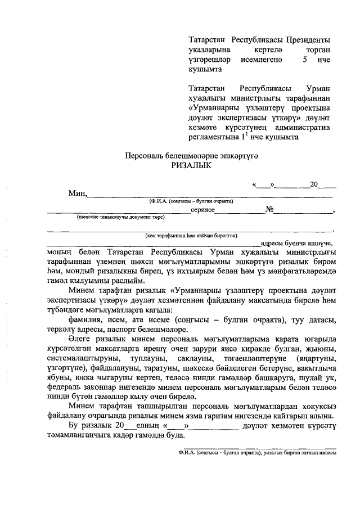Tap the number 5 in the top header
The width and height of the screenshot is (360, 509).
click(305, 60)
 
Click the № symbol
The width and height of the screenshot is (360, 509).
click(269, 210)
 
